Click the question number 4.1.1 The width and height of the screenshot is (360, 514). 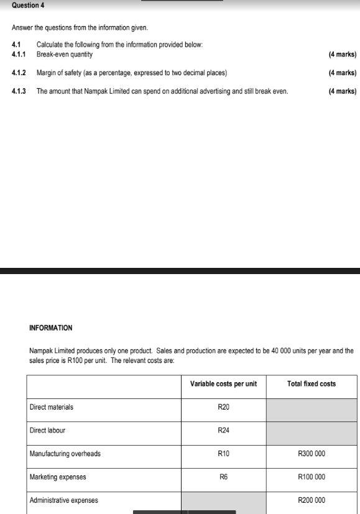pos(19,55)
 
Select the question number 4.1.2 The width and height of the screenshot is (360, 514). pos(19,73)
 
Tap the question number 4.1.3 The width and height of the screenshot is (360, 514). pos(19,91)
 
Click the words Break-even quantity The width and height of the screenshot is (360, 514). pos(65,55)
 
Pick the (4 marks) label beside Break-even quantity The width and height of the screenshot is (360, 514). pos(342,55)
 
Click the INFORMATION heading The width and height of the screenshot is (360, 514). pos(51,328)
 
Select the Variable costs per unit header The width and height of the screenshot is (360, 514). pos(223,384)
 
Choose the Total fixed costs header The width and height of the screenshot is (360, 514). pos(312,384)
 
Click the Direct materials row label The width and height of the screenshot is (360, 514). pos(52,407)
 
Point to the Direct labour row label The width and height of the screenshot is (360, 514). pos(47,430)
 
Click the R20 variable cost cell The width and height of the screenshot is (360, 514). pos(223,407)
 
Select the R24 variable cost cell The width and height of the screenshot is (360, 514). pos(223,430)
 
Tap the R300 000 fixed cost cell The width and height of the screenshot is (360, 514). pos(312,454)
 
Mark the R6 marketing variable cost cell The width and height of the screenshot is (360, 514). pos(223,477)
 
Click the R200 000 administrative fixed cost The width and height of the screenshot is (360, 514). pos(312,500)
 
